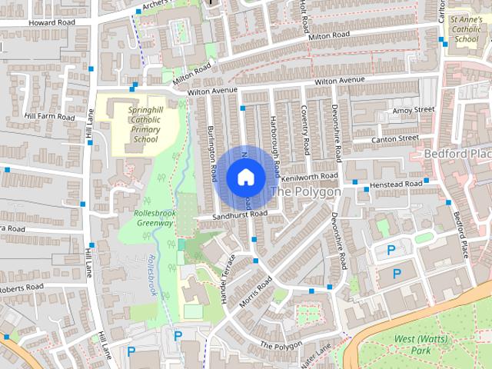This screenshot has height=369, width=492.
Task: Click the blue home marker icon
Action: click(x=245, y=178)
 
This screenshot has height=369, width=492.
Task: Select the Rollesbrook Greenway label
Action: click(x=155, y=218)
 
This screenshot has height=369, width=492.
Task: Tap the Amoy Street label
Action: click(x=413, y=111)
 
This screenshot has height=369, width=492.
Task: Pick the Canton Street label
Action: click(x=394, y=139)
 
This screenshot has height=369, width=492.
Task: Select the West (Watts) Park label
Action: click(x=413, y=344)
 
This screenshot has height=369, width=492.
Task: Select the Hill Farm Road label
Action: click(x=50, y=116)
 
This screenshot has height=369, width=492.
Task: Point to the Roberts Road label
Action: click(x=23, y=288)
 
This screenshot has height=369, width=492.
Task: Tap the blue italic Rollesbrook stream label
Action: click(x=151, y=274)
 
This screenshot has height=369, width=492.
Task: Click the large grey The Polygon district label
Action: click(x=306, y=191)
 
